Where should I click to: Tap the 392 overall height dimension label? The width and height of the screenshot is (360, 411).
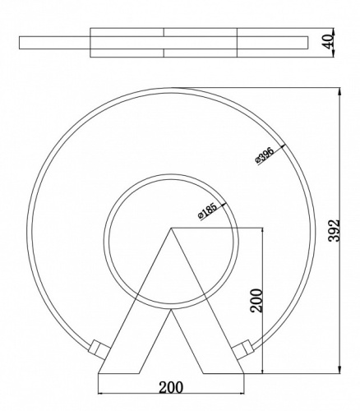tap(334, 231)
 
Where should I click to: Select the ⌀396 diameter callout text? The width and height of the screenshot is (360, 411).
tap(265, 155)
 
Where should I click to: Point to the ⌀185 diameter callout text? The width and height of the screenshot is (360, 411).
tap(207, 211)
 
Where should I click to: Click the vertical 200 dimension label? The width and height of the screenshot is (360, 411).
tap(256, 301)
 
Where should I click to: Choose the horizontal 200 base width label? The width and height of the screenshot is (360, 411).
tap(171, 387)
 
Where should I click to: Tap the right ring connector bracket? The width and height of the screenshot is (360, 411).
tap(243, 349)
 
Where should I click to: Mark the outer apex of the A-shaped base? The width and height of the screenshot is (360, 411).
tap(171, 228)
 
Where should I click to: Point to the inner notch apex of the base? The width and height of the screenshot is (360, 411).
tap(171, 310)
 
